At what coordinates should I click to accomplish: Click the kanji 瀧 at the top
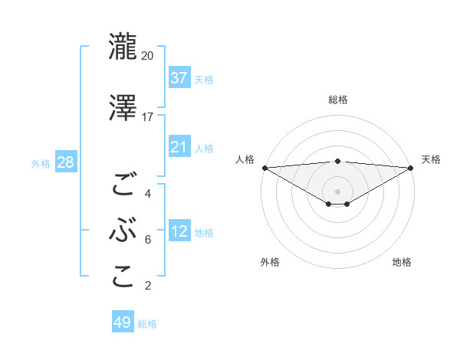click(123, 46)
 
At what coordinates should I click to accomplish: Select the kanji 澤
click(123, 107)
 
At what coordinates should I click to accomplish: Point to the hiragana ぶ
click(123, 231)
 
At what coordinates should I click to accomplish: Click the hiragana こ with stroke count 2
click(123, 277)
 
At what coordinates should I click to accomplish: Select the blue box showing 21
click(179, 147)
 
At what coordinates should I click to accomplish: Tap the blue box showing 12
click(179, 231)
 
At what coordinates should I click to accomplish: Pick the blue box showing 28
click(65, 162)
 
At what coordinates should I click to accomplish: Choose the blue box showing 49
click(123, 322)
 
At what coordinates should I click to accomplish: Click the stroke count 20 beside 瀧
click(148, 56)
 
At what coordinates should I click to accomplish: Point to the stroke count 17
click(148, 117)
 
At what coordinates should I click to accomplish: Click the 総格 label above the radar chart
click(337, 100)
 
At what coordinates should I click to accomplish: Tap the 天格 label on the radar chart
click(431, 159)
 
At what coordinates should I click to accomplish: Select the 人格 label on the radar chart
click(245, 159)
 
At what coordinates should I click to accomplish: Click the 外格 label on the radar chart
click(270, 262)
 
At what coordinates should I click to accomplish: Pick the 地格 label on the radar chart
click(402, 262)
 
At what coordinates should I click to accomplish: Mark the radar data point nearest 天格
click(411, 167)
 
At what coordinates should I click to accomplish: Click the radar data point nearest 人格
click(264, 167)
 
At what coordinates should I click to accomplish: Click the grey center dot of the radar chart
click(337, 190)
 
